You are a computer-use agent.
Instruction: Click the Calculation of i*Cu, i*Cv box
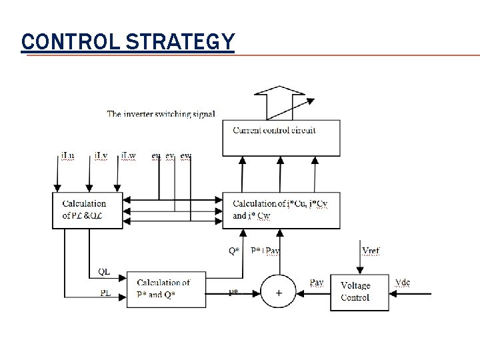point(281,209)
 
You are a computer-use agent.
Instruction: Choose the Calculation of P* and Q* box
point(166,289)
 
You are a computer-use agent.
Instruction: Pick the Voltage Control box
point(359,292)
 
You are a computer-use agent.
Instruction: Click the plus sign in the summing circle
point(279,293)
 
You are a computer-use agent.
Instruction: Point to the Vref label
point(371,250)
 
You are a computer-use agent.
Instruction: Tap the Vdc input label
point(403,282)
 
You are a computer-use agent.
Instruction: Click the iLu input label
point(67,156)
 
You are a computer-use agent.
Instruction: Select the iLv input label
point(101,156)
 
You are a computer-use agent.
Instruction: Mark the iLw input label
point(129,156)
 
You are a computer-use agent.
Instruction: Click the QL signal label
point(104,271)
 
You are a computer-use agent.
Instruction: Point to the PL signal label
point(105,292)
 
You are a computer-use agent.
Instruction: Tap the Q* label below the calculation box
point(235,251)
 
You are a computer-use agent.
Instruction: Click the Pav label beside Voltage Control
point(317,283)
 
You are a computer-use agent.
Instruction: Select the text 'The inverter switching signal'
point(161,114)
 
